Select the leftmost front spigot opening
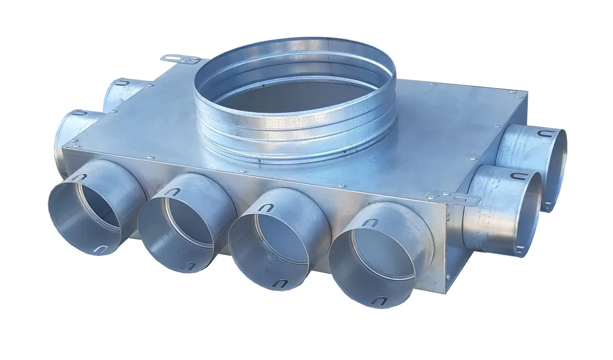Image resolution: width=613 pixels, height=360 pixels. coord(92,209)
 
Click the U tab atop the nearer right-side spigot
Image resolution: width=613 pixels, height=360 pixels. coord(517,177)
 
